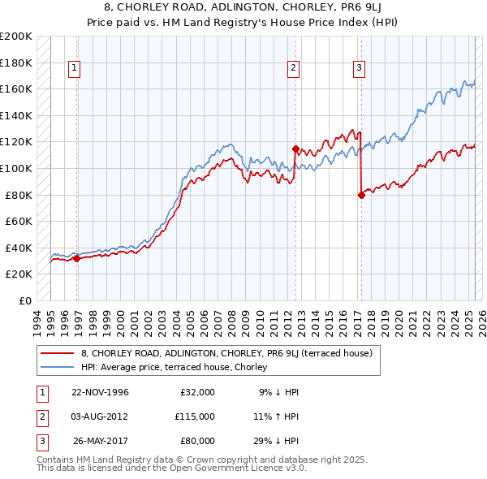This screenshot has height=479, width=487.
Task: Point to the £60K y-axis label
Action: click(19, 221)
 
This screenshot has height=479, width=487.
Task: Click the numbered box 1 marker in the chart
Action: click(74, 69)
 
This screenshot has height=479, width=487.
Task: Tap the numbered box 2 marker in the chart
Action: click(293, 69)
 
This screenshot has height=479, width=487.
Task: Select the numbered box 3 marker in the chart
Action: click(358, 69)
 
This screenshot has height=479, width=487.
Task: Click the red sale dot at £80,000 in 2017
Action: click(361, 195)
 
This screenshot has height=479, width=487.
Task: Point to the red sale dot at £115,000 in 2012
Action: click(295, 149)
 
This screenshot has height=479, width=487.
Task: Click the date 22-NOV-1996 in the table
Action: click(100, 392)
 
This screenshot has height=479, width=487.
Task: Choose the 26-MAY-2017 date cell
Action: click(101, 441)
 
